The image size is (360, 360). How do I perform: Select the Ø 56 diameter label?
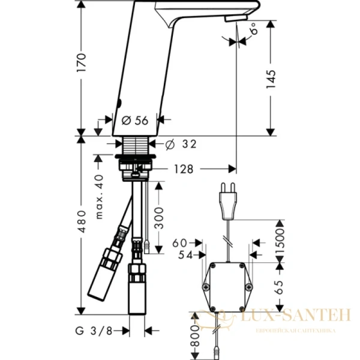134,121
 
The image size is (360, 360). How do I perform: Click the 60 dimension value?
180,243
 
